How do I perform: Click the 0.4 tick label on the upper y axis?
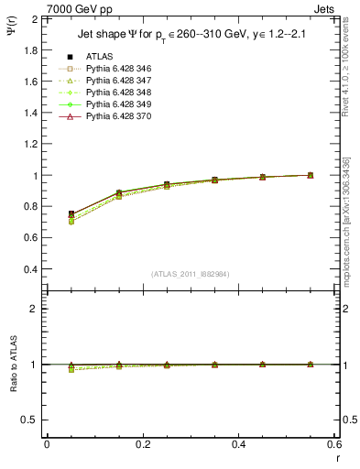pyautogui.click(x=31, y=269)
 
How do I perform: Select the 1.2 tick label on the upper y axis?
pyautogui.click(x=31, y=144)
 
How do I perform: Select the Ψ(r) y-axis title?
pyautogui.click(x=12, y=36)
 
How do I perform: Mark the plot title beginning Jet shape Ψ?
pyautogui.click(x=189, y=36)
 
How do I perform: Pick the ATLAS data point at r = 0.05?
pyautogui.click(x=71, y=213)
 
